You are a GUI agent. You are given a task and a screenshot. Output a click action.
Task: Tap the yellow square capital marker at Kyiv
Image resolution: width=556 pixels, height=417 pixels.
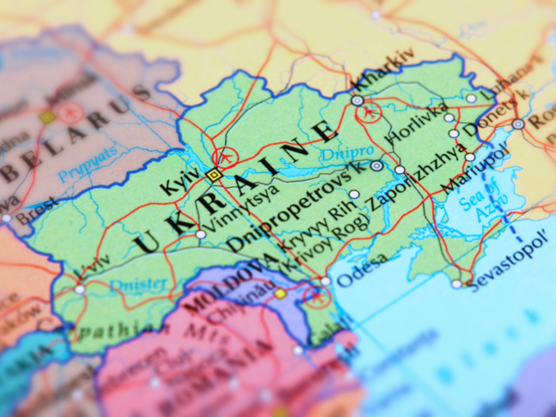[x=214, y=174]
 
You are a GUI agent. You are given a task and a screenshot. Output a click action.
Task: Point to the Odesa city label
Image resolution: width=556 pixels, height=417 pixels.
[x=357, y=276]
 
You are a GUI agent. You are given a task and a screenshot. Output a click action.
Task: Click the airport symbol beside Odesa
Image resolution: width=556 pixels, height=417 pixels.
[x=317, y=297]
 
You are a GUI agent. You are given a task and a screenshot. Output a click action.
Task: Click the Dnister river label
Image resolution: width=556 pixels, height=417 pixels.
[x=140, y=284]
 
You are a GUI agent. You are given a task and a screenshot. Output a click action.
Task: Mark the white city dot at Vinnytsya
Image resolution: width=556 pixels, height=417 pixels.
[x=200, y=234]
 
